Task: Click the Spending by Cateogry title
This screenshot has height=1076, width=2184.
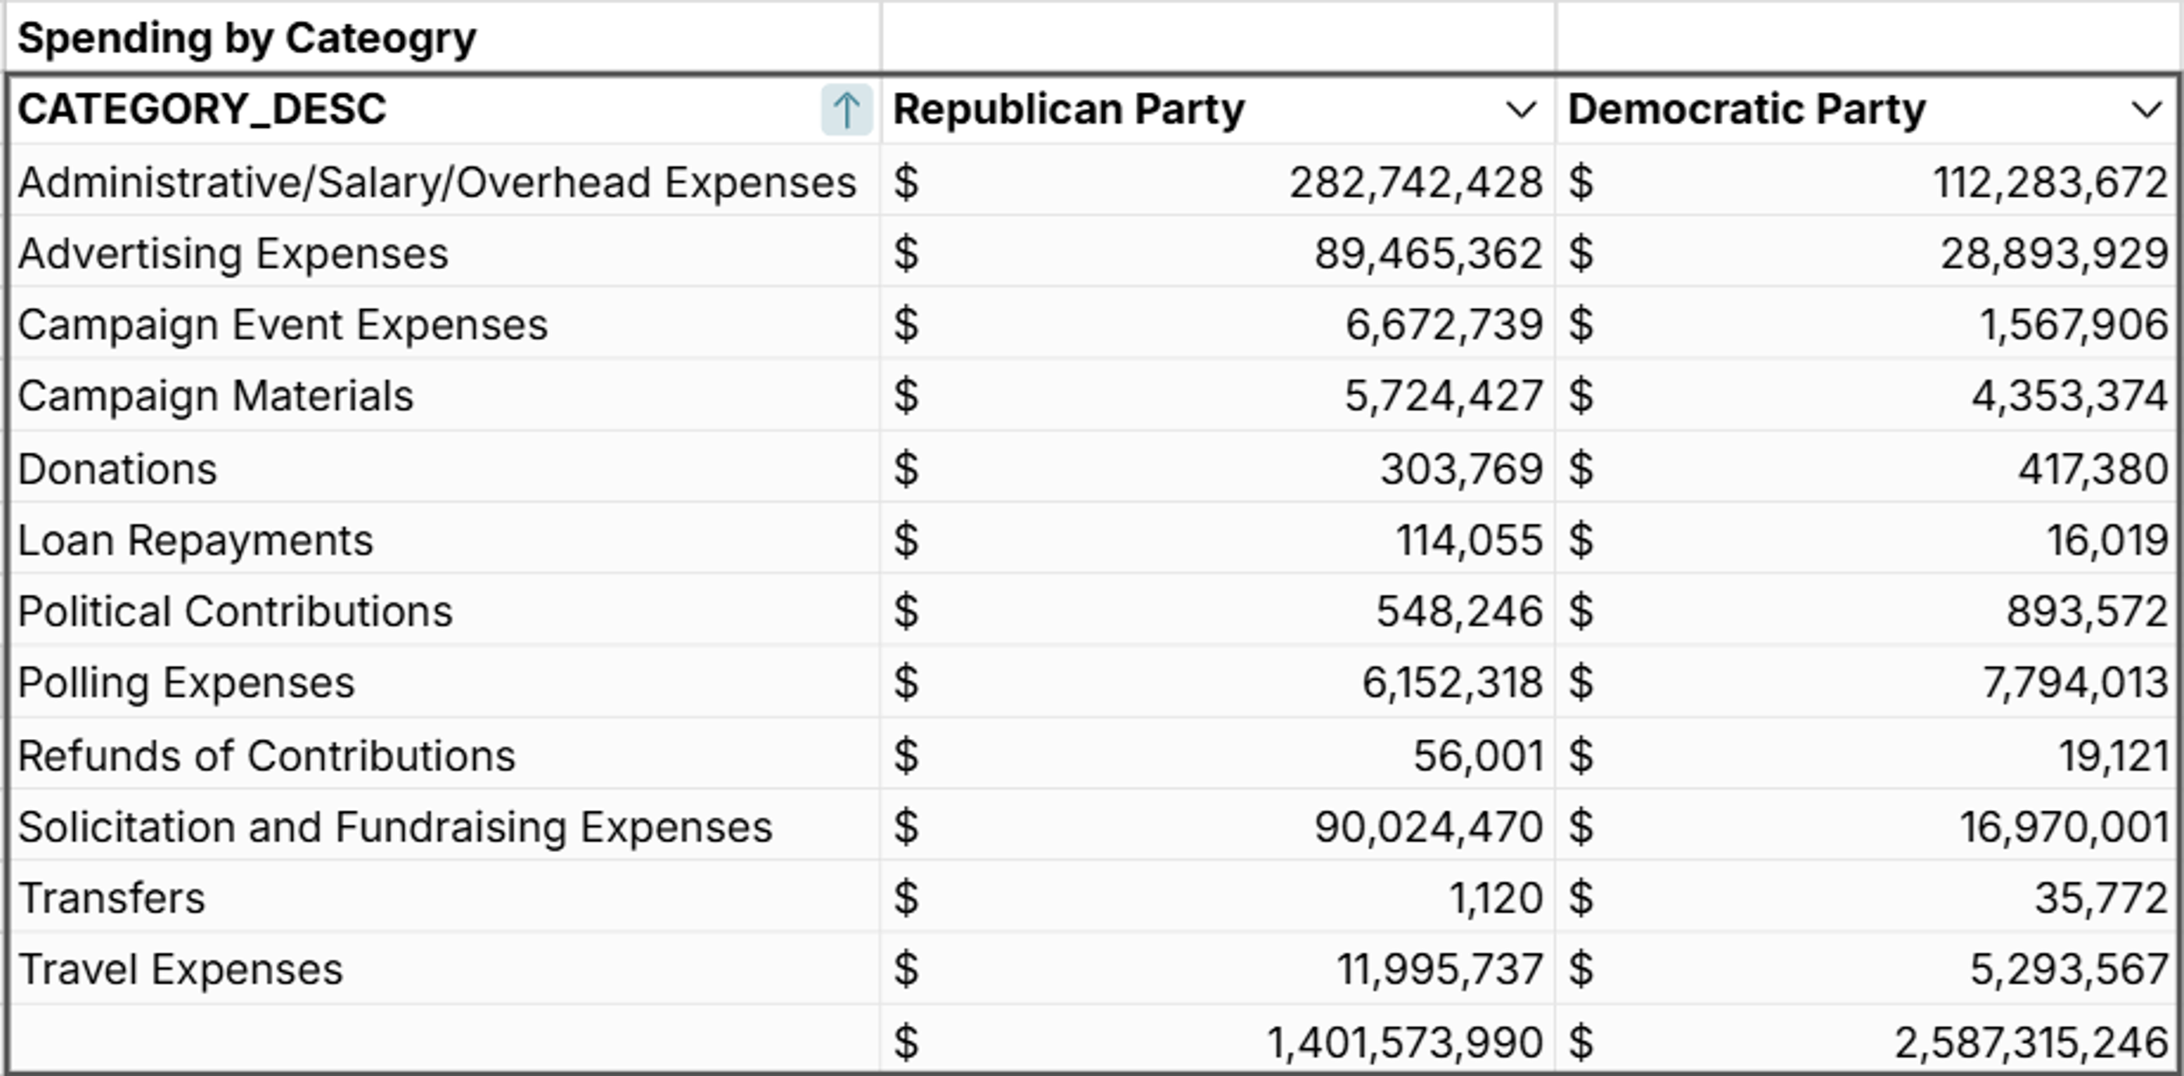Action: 246,39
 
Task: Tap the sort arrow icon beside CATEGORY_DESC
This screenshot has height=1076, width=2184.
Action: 846,110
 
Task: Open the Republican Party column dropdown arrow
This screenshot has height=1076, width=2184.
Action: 1521,110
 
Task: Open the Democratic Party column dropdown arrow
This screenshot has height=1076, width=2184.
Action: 2147,110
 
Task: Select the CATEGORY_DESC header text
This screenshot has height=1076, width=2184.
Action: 202,109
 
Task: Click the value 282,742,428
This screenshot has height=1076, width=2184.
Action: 1415,183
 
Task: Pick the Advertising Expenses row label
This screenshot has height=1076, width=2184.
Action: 233,254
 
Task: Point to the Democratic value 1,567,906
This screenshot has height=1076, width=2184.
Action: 2073,325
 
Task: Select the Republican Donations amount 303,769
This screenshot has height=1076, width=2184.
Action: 1461,470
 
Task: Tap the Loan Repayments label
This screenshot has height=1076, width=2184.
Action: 195,541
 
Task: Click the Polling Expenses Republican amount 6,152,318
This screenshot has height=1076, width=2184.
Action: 1452,684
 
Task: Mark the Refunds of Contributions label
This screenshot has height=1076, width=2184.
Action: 266,756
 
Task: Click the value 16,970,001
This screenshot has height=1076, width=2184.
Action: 2064,828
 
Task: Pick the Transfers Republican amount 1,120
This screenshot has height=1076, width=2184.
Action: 1495,899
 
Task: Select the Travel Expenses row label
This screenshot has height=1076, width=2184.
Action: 179,970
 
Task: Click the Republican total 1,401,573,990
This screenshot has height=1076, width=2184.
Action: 1404,1043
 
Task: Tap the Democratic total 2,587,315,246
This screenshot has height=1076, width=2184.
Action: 2030,1043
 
